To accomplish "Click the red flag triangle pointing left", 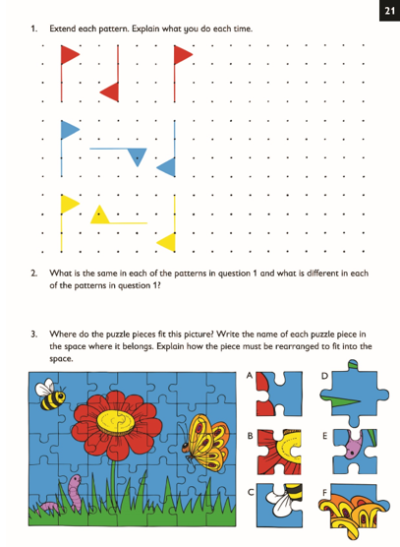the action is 110,91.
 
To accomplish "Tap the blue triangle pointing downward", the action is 139,155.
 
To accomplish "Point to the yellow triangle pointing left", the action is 167,241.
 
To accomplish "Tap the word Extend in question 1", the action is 61,29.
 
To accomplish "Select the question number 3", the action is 33,334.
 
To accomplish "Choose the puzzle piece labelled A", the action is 278,396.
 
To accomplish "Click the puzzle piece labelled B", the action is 278,450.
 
